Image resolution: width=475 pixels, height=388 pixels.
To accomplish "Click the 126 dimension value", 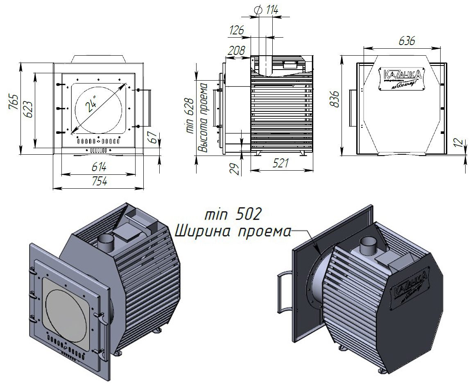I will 236,30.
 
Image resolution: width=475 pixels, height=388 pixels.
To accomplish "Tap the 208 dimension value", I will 236,51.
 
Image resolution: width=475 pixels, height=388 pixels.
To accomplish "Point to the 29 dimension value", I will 235,168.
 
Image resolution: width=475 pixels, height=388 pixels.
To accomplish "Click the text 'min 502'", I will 233,214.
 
